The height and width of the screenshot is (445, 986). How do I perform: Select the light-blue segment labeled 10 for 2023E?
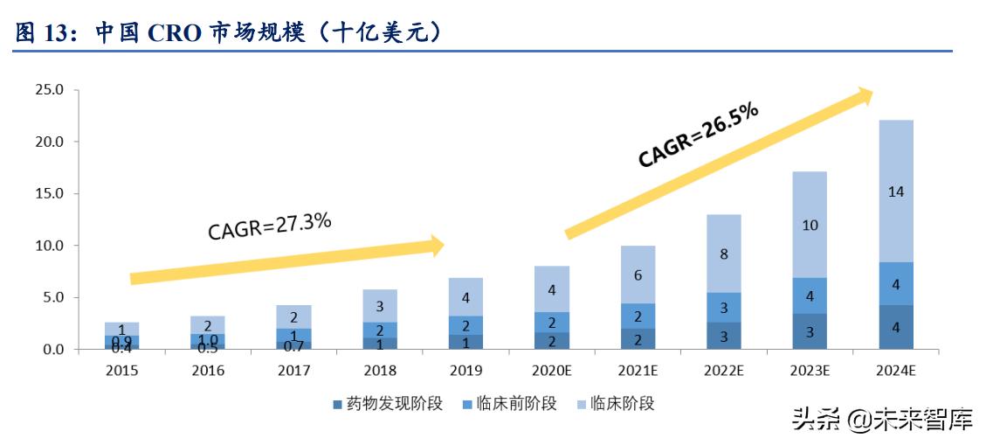pos(810,225)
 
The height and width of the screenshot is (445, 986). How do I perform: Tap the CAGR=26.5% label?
pos(698,134)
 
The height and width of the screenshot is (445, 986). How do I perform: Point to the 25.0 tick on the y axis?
pos(48,89)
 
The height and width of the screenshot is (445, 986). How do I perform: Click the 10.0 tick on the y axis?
pos(48,246)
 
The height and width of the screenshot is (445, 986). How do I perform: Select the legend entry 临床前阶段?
pos(513,403)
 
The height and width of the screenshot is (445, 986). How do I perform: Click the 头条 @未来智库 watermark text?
pos(881,421)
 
